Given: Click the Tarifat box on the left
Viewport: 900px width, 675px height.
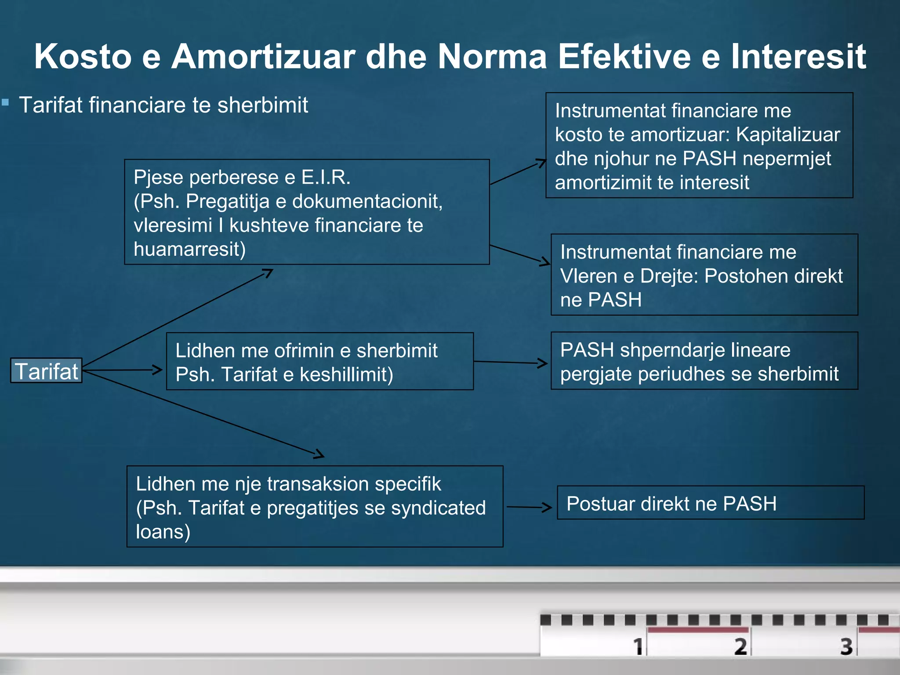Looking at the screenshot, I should [x=46, y=370].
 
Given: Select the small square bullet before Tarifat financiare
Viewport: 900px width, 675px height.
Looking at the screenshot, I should [x=5, y=103].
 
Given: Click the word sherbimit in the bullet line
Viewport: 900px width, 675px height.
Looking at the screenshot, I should [x=262, y=105].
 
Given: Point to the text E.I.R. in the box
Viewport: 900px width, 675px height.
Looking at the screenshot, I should [x=326, y=177].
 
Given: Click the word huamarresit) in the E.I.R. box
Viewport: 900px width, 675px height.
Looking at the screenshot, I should [x=189, y=249].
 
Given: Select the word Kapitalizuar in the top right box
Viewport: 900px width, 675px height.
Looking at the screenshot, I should [x=787, y=134].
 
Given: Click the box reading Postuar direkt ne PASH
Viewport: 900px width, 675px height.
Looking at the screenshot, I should [x=710, y=503].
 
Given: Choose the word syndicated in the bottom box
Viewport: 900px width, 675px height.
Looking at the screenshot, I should [x=438, y=508].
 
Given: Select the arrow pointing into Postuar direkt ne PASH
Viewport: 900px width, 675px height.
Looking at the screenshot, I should [x=530, y=507].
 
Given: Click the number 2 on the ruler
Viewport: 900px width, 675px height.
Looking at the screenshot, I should [x=740, y=646].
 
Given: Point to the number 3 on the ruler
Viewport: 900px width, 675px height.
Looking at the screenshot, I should [x=846, y=646].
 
